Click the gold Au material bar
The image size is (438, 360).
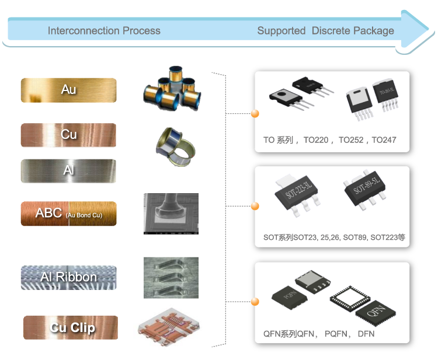(68, 90)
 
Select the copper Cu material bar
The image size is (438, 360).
(68, 135)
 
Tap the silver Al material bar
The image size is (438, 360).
(68, 171)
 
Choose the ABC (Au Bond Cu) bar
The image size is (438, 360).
(68, 214)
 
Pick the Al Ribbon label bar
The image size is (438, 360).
(68, 277)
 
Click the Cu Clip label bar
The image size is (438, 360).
(70, 327)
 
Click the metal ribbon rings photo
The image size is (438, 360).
(175, 143)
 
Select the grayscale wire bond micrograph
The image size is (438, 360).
(171, 214)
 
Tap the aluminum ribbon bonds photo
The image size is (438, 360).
(171, 277)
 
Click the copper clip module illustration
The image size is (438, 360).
(169, 327)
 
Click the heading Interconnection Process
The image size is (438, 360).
(104, 31)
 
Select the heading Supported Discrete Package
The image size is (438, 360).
(325, 31)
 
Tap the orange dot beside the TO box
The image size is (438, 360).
(255, 113)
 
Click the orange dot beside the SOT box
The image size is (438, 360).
(255, 206)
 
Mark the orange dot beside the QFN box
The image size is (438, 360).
(255, 302)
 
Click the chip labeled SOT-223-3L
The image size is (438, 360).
(298, 192)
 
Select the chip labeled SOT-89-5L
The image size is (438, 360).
(365, 188)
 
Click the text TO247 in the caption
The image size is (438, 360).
(384, 141)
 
